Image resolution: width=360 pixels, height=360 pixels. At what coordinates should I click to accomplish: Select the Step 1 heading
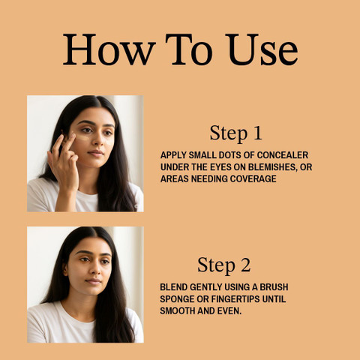click(236, 133)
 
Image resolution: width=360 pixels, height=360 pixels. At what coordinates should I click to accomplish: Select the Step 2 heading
click(224, 265)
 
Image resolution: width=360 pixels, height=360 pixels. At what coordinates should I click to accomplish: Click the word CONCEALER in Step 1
click(283, 155)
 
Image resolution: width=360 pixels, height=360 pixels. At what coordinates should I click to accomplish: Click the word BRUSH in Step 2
click(274, 287)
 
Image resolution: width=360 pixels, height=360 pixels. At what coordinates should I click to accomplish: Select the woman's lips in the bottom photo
click(93, 281)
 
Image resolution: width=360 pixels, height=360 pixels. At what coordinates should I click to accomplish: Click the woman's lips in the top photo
click(95, 153)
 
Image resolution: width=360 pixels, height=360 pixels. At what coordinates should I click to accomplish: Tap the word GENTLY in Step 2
click(207, 287)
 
